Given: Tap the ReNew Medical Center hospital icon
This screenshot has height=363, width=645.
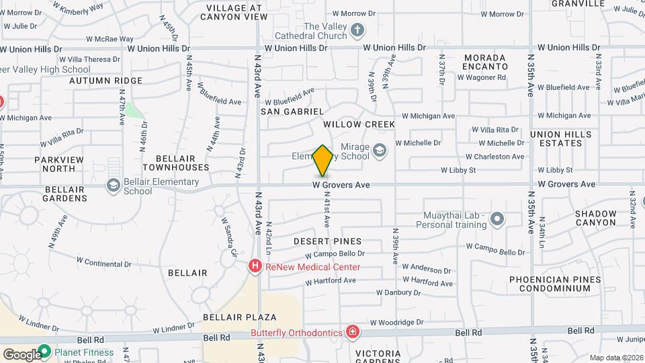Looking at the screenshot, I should point(255,267).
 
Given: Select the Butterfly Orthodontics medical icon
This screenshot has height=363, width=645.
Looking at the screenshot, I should point(352,332).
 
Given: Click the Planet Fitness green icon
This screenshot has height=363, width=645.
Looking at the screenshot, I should point(45,351).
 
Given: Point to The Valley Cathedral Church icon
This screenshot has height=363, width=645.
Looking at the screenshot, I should point(357,30).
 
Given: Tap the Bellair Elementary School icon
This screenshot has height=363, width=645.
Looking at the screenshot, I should point(114,185).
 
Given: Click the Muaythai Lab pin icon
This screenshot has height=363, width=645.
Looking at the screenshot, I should point(497,218).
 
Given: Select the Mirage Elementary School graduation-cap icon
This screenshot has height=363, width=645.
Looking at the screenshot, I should point(380,150).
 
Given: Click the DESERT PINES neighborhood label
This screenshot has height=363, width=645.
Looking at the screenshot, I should point(327,241).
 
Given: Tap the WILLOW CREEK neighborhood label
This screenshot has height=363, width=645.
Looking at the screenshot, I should point(359,124).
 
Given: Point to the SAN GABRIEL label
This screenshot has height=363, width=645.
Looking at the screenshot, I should point(292,111).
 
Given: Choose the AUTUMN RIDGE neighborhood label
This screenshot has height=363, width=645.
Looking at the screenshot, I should point(105,81).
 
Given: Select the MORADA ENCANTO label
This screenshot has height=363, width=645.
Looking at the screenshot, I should point(485,63).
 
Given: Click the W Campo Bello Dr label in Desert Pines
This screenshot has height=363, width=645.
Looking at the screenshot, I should point(334,254).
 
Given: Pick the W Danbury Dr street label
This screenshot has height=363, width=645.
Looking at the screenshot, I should point(398,292).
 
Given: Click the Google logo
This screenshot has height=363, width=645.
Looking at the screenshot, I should point(22,354).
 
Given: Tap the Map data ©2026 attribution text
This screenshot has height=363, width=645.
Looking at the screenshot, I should point(615,358).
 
